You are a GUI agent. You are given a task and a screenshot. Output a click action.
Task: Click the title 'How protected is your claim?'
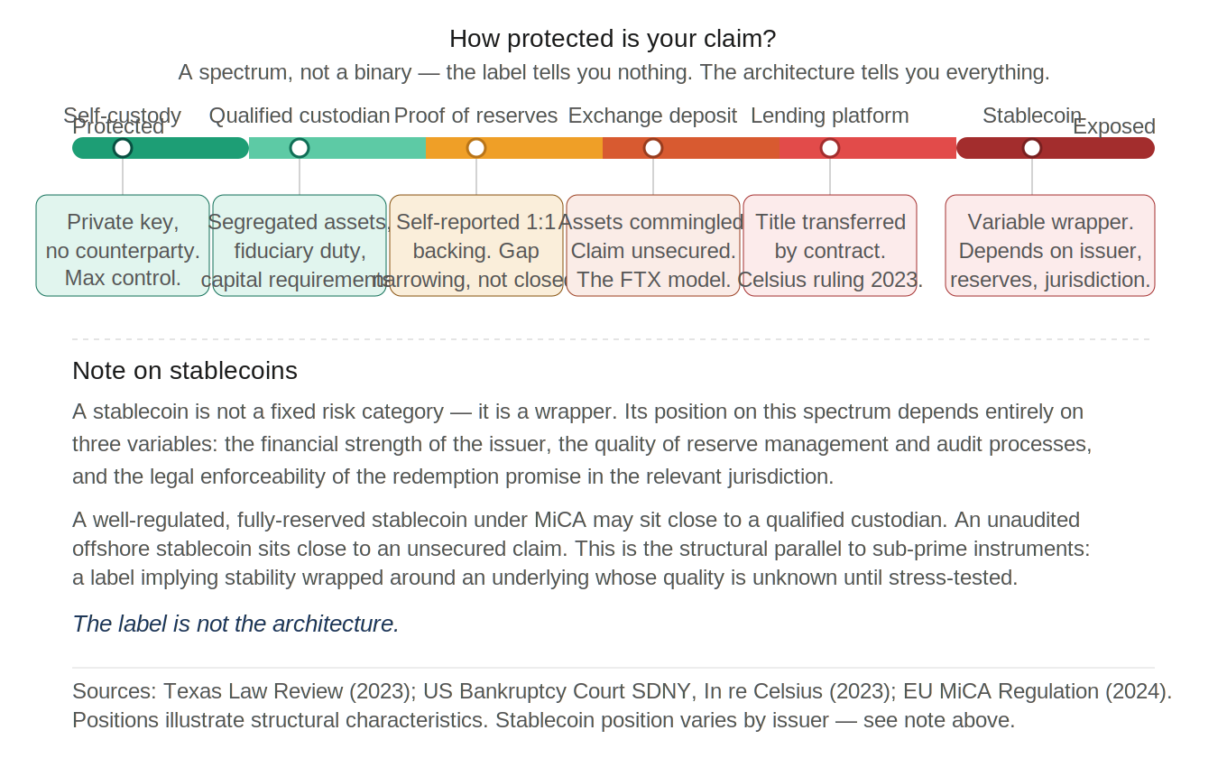click(613, 40)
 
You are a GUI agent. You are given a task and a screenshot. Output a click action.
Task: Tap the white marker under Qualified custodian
click(300, 148)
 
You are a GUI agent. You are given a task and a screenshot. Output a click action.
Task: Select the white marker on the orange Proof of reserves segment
click(476, 148)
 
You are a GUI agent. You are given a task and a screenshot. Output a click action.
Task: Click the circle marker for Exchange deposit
click(653, 148)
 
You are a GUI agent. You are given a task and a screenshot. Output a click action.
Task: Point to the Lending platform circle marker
click(830, 148)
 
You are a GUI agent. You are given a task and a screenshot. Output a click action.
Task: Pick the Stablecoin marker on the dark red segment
click(1032, 148)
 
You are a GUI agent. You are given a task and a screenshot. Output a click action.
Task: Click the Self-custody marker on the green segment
click(123, 148)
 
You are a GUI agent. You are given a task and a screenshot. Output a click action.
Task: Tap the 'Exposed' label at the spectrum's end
click(1114, 127)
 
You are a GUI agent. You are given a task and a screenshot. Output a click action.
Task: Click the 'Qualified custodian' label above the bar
click(300, 116)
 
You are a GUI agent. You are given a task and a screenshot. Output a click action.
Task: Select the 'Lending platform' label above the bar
click(830, 116)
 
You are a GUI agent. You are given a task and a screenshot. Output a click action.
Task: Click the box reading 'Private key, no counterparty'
click(123, 245)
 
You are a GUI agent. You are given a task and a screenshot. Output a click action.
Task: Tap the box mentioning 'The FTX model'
click(653, 245)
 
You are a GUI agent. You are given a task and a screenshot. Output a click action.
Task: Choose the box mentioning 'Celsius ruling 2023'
click(830, 245)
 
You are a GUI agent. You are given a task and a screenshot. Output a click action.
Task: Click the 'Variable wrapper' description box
click(1050, 245)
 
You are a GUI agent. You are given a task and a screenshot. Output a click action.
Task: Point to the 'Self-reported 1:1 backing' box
click(476, 245)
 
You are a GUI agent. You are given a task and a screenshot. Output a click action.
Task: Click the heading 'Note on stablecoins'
click(185, 371)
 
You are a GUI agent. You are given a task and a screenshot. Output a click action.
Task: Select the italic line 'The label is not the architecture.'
click(235, 624)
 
